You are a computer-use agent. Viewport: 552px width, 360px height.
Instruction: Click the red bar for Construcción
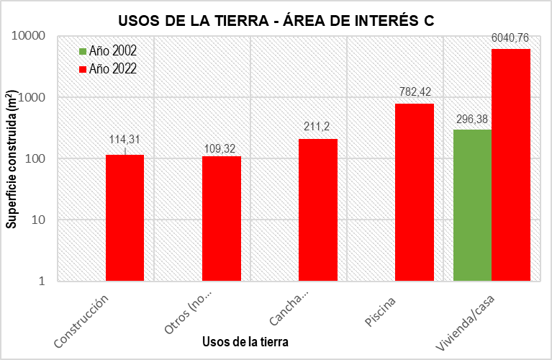pos(125,217)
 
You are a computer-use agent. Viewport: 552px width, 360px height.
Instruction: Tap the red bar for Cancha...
pos(318,210)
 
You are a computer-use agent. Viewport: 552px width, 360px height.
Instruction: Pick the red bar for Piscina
pos(415,192)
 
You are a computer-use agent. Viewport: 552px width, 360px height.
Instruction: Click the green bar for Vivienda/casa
pos(473,205)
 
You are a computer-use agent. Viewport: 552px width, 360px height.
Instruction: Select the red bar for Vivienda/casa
pos(511,165)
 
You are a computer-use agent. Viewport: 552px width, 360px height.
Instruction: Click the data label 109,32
pos(222,149)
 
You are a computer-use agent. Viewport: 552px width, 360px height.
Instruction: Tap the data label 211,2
pos(318,126)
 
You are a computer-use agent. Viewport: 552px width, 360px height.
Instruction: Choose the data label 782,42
pos(415,91)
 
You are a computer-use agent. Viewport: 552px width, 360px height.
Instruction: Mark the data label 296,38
pos(473,118)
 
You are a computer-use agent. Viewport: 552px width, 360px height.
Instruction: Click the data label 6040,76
pos(511,37)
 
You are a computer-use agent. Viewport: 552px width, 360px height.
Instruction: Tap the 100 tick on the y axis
pos(34,158)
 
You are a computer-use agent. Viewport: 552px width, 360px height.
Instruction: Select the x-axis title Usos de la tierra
pos(245,343)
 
